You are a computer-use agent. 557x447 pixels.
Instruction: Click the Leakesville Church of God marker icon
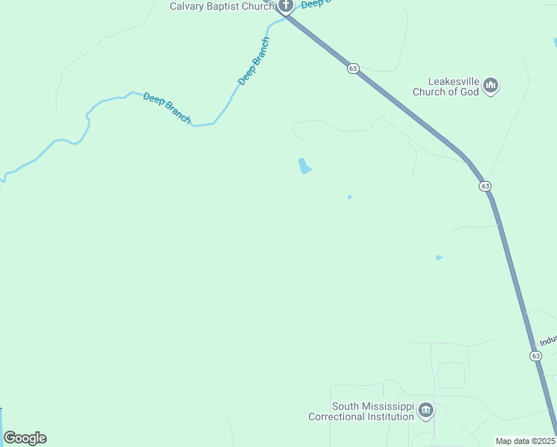tap(491, 86)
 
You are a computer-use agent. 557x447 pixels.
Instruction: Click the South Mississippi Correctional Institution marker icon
tap(426, 410)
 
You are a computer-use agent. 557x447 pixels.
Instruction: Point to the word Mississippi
tap(387, 406)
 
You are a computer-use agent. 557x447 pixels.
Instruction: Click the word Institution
tap(392, 416)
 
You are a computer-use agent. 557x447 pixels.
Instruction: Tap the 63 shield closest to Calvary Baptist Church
tap(353, 68)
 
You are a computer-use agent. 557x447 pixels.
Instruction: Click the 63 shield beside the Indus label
tap(536, 356)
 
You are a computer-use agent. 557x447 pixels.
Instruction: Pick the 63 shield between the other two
tap(485, 186)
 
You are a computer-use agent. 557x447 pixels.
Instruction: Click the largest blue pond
tap(304, 166)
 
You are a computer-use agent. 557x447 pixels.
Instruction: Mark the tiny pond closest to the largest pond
tap(349, 197)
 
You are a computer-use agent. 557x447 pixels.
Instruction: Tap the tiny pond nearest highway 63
tap(439, 258)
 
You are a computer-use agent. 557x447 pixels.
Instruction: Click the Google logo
tap(25, 438)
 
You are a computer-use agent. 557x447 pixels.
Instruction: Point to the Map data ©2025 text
tap(526, 441)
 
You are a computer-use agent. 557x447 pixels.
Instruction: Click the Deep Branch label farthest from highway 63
tap(167, 108)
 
